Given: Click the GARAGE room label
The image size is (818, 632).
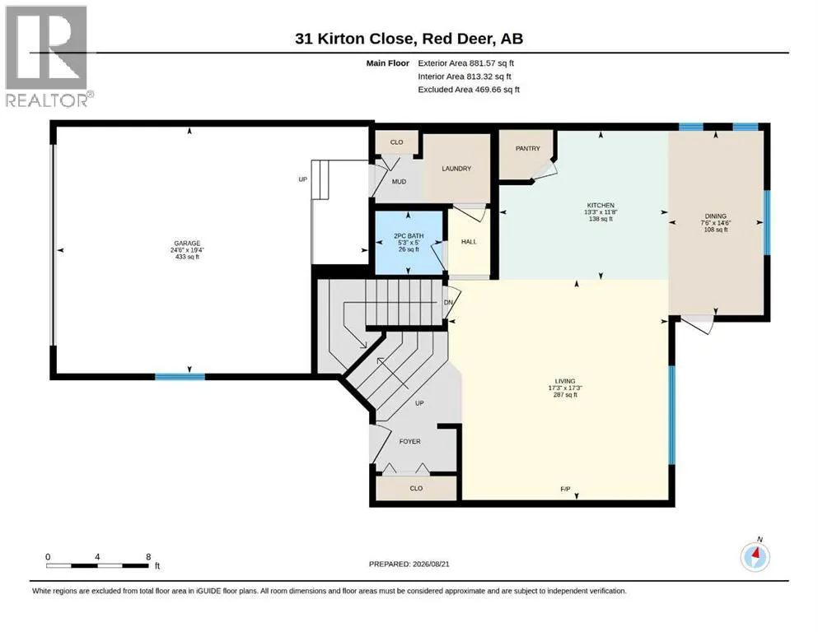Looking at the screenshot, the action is pyautogui.click(x=187, y=244).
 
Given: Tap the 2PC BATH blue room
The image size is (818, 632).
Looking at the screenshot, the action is pyautogui.click(x=409, y=242).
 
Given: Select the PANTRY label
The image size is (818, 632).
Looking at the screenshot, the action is pyautogui.click(x=527, y=148).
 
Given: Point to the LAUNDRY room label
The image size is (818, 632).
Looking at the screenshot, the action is pyautogui.click(x=456, y=169).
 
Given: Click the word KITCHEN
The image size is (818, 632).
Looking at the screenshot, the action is pyautogui.click(x=601, y=205).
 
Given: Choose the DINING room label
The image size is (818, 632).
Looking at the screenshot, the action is pyautogui.click(x=715, y=216).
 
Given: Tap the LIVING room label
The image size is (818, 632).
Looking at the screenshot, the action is pyautogui.click(x=565, y=381).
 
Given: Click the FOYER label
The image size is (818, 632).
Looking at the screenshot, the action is pyautogui.click(x=409, y=441).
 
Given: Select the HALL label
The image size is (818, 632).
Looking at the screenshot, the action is pyautogui.click(x=469, y=242).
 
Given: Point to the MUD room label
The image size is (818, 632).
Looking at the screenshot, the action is pyautogui.click(x=399, y=182).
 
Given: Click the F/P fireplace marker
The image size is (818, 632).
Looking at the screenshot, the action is pyautogui.click(x=565, y=490).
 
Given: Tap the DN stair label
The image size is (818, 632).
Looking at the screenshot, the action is pyautogui.click(x=448, y=302).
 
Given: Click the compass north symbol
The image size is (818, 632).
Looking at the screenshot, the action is pyautogui.click(x=755, y=556).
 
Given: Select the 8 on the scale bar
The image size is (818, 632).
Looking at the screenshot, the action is pyautogui.click(x=148, y=557).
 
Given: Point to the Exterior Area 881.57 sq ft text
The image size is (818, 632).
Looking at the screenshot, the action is pyautogui.click(x=466, y=63).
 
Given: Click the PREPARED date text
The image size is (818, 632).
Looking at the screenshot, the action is pyautogui.click(x=409, y=564).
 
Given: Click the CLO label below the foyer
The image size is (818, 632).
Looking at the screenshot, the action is pyautogui.click(x=416, y=489).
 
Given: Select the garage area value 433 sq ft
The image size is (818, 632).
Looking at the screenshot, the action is pyautogui.click(x=187, y=257).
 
